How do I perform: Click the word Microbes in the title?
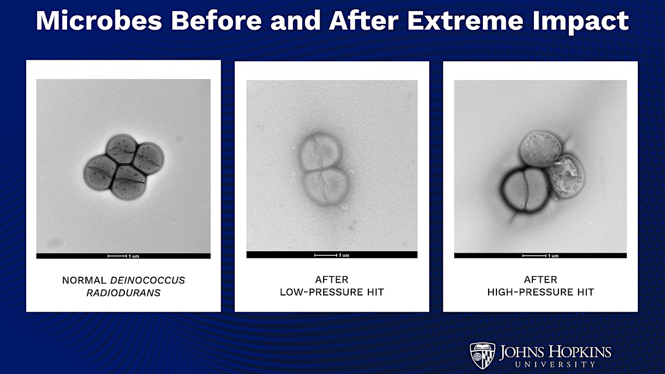point(99,21)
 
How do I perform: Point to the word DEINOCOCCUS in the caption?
point(147,280)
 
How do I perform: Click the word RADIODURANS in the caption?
point(123,293)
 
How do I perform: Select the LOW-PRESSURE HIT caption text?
point(331,292)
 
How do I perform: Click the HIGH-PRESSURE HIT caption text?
point(540,292)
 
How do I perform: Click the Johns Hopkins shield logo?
point(482,355)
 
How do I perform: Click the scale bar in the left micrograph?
point(117,256)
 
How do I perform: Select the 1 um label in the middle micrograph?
point(343,255)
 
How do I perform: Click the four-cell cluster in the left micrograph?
point(124,166)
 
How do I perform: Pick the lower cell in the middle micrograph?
point(326,186)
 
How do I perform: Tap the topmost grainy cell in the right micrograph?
point(540,148)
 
